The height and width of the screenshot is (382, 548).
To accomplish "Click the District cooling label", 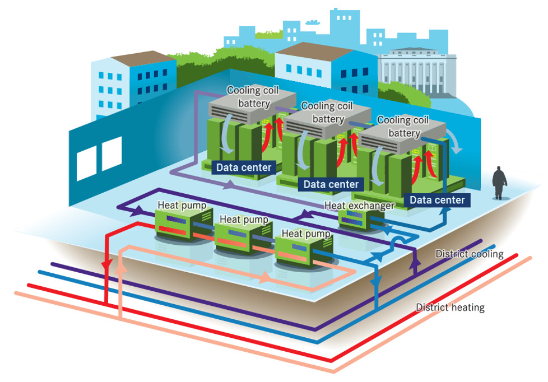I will (469, 254).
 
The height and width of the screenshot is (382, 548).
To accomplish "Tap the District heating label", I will (450, 307).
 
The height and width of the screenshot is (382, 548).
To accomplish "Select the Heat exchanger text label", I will (359, 206).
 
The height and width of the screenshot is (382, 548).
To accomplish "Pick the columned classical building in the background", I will (417, 73).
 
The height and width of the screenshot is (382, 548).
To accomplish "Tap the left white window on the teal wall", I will (86, 162).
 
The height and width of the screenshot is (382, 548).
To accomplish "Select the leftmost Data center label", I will (244, 167).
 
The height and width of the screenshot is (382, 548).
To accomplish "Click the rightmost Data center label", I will (436, 200).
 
